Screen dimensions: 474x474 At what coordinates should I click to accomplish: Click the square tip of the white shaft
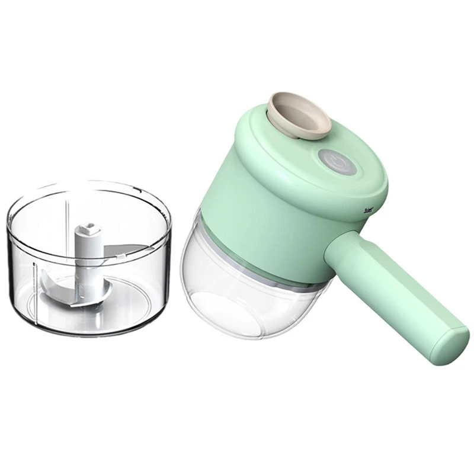(88, 229)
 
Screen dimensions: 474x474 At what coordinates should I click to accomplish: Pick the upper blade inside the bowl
(127, 249)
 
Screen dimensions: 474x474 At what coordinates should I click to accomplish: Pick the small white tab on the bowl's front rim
(121, 257)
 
